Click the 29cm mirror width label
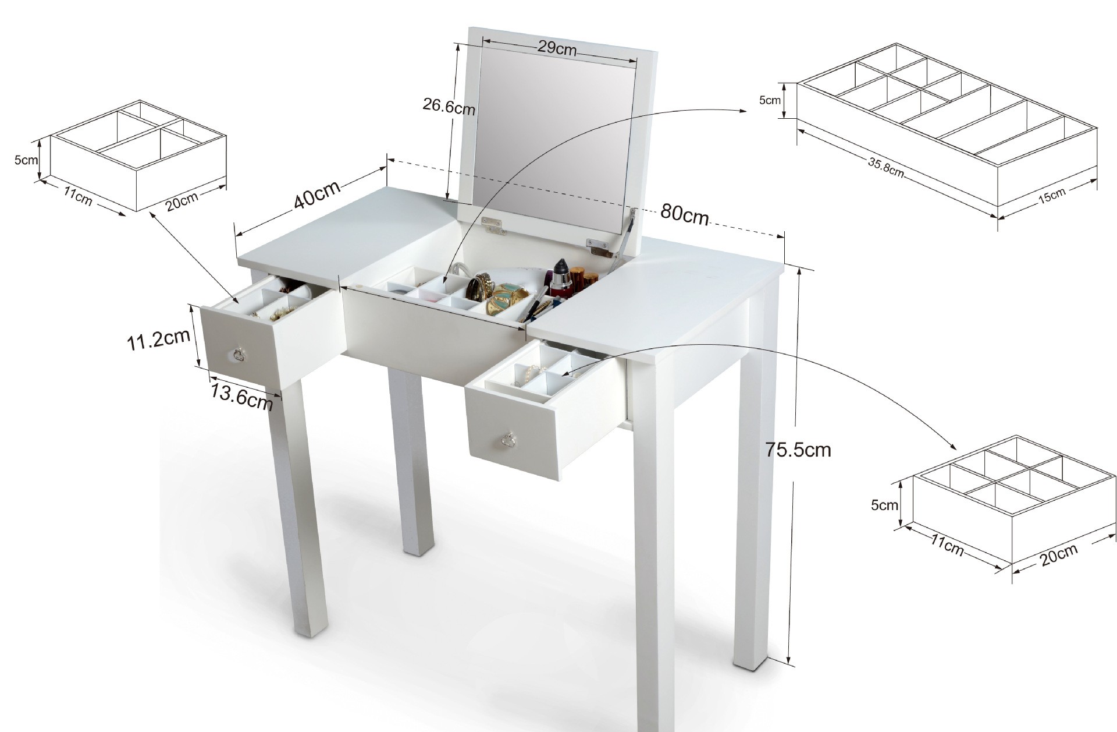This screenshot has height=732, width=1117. (x=556, y=48)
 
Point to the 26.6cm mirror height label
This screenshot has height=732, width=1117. (x=449, y=107)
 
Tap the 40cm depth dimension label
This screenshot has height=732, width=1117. (x=316, y=193)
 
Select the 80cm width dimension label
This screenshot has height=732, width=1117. (x=685, y=214)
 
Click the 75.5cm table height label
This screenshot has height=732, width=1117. (x=798, y=450)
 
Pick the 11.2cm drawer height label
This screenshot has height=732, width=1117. (x=159, y=340)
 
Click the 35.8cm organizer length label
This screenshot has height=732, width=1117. (x=886, y=167)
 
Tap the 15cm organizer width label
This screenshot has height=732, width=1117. (x=1052, y=196)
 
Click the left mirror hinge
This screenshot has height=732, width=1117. (x=494, y=225)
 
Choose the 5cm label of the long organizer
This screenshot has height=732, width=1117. (x=770, y=100)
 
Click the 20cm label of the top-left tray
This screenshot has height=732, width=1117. (x=182, y=201)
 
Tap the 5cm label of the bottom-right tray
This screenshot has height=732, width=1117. (x=884, y=505)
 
